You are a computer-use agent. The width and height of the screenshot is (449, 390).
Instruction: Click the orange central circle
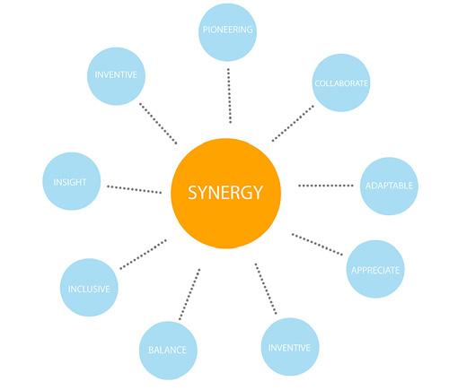[225, 194]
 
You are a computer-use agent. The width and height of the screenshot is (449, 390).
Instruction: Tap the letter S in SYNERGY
[193, 193]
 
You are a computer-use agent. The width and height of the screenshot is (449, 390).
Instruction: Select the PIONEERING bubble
[228, 32]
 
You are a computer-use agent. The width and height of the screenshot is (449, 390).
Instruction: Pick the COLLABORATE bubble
[341, 82]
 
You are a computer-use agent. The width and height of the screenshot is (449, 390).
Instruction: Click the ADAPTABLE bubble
[389, 186]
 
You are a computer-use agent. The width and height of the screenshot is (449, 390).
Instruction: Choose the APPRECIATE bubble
[375, 269]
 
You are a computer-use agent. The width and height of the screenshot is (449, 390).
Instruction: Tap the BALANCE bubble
[168, 351]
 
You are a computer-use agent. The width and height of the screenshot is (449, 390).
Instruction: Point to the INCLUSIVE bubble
[89, 288]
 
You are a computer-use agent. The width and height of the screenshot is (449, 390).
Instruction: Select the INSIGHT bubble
[71, 181]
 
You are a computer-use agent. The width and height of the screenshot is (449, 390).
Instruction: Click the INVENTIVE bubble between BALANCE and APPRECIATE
[290, 347]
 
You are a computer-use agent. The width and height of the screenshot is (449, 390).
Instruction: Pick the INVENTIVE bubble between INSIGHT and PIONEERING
[116, 76]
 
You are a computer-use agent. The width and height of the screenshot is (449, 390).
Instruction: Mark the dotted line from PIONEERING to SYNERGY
[229, 96]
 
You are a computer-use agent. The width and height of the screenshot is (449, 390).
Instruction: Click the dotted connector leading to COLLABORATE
[293, 123]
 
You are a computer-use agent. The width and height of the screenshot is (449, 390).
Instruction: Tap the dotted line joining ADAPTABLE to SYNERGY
[326, 186]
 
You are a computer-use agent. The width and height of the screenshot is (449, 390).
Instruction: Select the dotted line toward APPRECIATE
[317, 244]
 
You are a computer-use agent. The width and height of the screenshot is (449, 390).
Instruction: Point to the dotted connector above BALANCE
[189, 294]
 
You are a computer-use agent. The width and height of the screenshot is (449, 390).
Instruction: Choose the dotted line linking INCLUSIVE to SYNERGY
[143, 254]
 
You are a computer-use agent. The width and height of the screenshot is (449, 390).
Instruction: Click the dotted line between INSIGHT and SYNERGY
[134, 189]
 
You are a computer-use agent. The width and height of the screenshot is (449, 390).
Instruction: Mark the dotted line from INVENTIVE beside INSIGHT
[158, 124]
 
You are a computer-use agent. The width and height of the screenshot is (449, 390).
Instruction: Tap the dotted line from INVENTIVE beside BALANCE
[266, 289]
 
